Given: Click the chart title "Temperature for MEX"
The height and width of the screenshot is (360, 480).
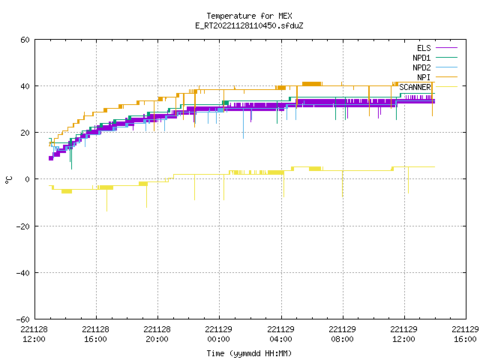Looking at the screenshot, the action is click(249, 16).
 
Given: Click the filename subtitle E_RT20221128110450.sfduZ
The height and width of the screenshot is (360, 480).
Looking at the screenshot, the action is click(249, 25).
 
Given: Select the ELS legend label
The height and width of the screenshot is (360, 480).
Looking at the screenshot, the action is click(424, 48).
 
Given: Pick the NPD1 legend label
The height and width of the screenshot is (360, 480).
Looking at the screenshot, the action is click(421, 58).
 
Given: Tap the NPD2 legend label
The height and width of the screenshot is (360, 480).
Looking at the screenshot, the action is click(421, 67).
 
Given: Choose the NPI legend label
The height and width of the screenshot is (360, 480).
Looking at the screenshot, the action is click(424, 77).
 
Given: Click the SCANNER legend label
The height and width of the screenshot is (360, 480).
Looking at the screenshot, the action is click(415, 87).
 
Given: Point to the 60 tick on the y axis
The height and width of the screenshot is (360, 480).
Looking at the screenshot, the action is click(25, 40).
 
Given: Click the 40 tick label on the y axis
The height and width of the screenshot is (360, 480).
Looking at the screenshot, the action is click(25, 86).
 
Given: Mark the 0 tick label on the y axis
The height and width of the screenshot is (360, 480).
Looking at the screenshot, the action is click(28, 179).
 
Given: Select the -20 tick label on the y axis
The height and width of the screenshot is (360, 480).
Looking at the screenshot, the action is click(23, 226).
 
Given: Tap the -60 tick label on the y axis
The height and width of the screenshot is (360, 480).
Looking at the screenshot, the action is click(23, 319).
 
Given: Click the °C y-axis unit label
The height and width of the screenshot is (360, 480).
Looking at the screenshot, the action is click(9, 180).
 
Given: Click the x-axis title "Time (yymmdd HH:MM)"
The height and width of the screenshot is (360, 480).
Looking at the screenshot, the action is click(249, 353).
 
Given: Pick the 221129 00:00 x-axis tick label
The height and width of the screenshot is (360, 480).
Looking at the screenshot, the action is click(218, 334).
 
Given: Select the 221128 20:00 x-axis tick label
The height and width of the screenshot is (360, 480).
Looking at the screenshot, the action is click(157, 334).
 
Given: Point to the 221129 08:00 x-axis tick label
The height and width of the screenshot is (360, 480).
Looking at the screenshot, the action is click(342, 334).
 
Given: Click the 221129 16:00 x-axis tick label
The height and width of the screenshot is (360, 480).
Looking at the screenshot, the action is click(465, 334).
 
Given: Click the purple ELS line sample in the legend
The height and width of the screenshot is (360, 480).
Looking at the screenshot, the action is click(446, 48).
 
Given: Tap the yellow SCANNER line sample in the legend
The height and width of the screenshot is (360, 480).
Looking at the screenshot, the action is click(446, 87).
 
